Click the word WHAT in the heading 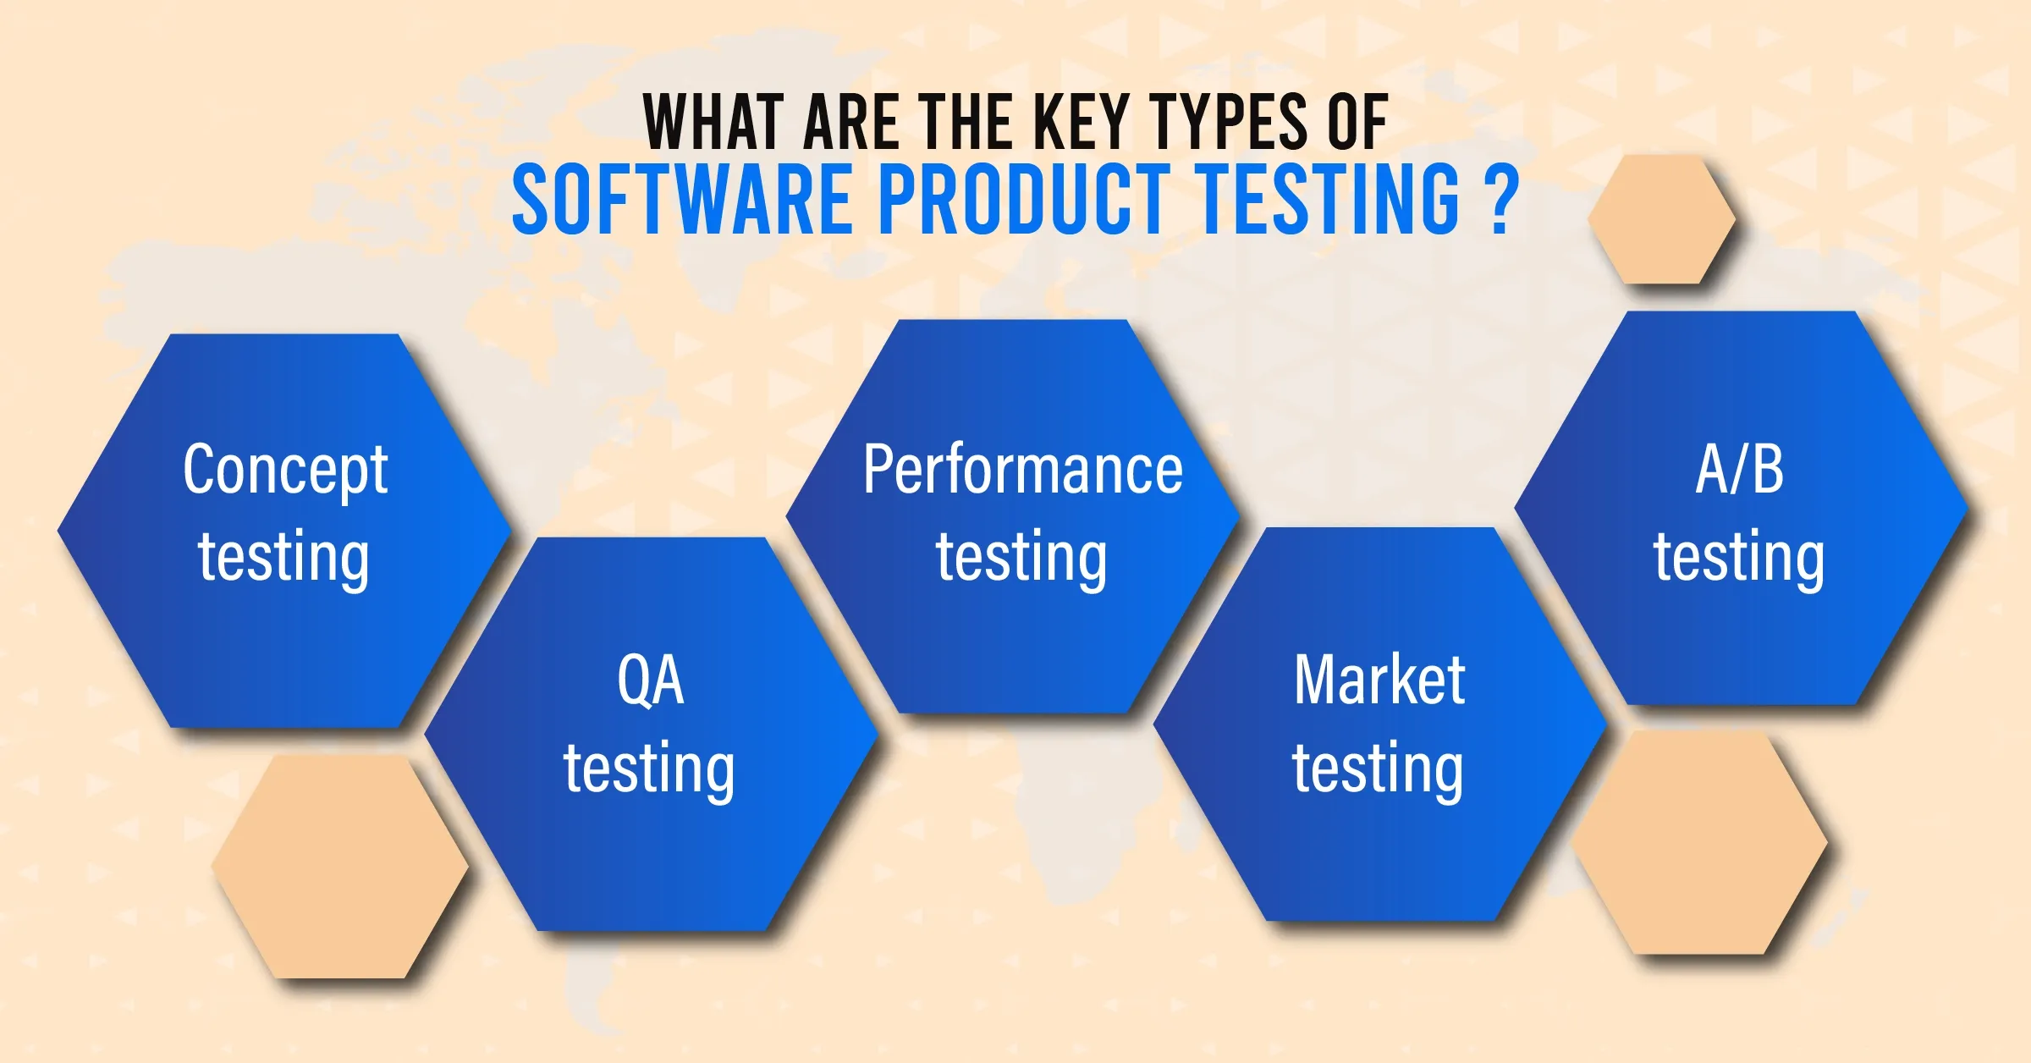(x=702, y=123)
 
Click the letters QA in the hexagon (x=650, y=680)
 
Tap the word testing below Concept (x=283, y=559)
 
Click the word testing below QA (x=649, y=770)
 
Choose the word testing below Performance (x=1021, y=559)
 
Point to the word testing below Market (x=1378, y=770)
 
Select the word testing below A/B (x=1739, y=559)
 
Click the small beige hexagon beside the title (x=1662, y=219)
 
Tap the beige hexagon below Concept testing (x=340, y=867)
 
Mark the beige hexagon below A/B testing (x=1699, y=843)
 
